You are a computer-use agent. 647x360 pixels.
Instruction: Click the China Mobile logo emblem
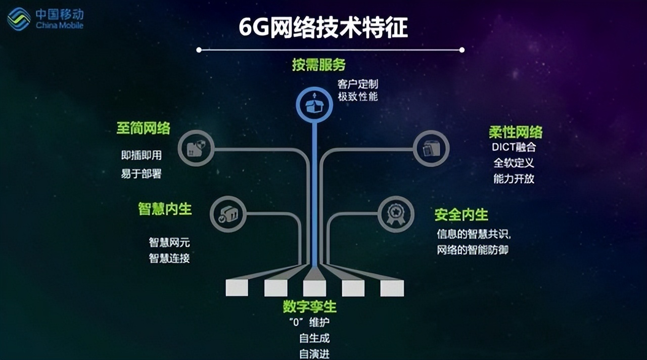pyautogui.click(x=19, y=19)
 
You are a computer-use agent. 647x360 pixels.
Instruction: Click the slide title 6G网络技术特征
pyautogui.click(x=323, y=27)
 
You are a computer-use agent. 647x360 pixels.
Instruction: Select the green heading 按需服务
pyautogui.click(x=318, y=64)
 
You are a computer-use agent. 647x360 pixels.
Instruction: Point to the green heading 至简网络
pyautogui.click(x=143, y=128)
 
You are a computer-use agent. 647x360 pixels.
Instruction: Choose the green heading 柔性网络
pyautogui.click(x=516, y=132)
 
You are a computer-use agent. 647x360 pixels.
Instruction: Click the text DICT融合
pyautogui.click(x=514, y=147)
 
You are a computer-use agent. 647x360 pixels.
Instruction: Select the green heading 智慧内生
pyautogui.click(x=165, y=209)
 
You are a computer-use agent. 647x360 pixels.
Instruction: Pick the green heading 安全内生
pyautogui.click(x=461, y=215)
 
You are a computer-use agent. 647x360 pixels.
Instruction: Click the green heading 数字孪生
pyautogui.click(x=310, y=306)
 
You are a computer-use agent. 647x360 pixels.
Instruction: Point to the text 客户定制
pyautogui.click(x=357, y=84)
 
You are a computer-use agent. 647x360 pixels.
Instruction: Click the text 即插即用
pyautogui.click(x=141, y=155)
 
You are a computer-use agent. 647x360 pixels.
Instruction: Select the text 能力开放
pyautogui.click(x=514, y=179)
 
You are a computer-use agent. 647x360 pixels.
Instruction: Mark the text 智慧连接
pyautogui.click(x=169, y=258)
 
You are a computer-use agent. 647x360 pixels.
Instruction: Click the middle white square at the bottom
pyautogui.click(x=314, y=288)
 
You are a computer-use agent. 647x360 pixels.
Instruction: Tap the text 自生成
pyautogui.click(x=314, y=338)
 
